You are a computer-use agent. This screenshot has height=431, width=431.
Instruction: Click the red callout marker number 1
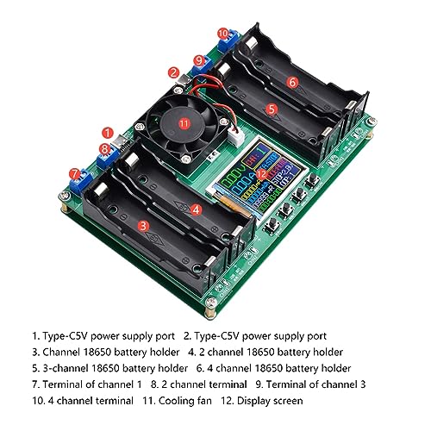point(107,134)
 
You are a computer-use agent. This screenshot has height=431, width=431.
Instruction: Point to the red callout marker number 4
point(197,209)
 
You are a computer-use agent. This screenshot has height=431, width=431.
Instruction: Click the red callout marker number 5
point(272,109)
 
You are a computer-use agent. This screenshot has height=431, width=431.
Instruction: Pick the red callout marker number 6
point(292,82)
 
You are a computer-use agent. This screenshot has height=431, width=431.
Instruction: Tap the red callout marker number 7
point(75,172)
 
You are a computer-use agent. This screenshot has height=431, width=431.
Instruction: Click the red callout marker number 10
point(223,33)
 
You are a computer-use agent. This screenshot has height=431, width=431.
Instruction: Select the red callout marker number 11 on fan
point(183,122)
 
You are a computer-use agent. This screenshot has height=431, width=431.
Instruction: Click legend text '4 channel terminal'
point(83,399)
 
